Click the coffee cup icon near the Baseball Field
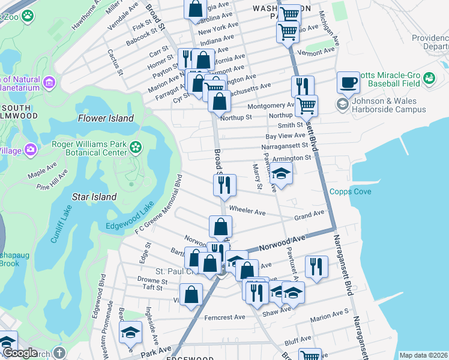tap(348, 83)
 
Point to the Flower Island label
tap(106, 118)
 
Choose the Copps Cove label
tap(350, 191)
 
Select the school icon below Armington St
tap(280, 173)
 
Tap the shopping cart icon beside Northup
tap(307, 106)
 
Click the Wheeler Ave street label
tap(252, 212)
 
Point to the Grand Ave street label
tap(309, 214)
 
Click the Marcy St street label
tap(257, 178)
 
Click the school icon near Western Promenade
tap(130, 332)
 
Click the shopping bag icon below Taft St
tap(191, 295)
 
